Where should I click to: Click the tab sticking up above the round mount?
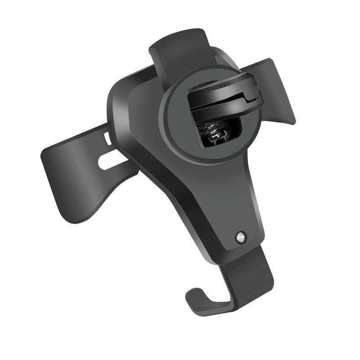(x=180, y=49)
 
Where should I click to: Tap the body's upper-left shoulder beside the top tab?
(x=130, y=85)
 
